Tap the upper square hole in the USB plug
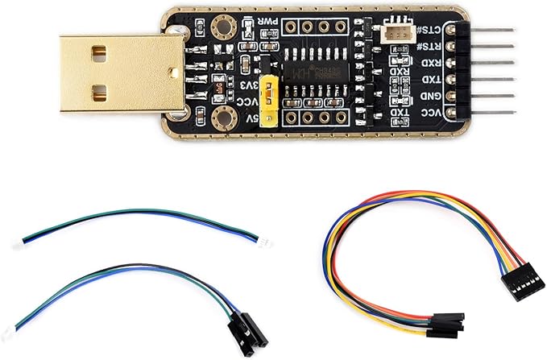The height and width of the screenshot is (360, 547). click(x=98, y=54)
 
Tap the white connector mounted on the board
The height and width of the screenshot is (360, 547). click(x=396, y=37)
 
